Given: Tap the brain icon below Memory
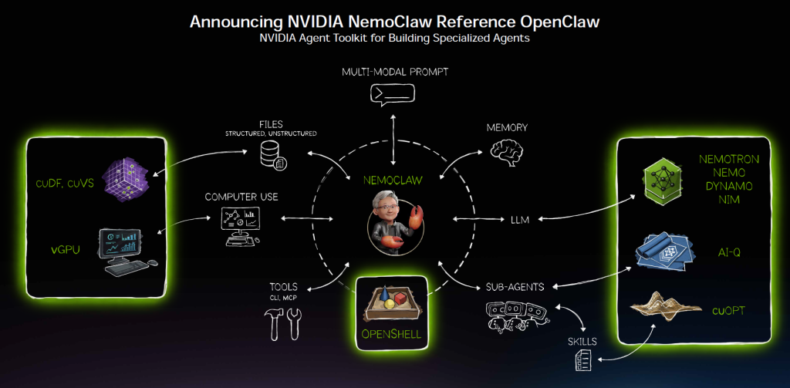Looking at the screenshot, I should click(x=507, y=154).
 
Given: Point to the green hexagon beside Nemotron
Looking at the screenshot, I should click(x=661, y=181).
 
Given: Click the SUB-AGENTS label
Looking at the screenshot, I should click(x=516, y=287).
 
